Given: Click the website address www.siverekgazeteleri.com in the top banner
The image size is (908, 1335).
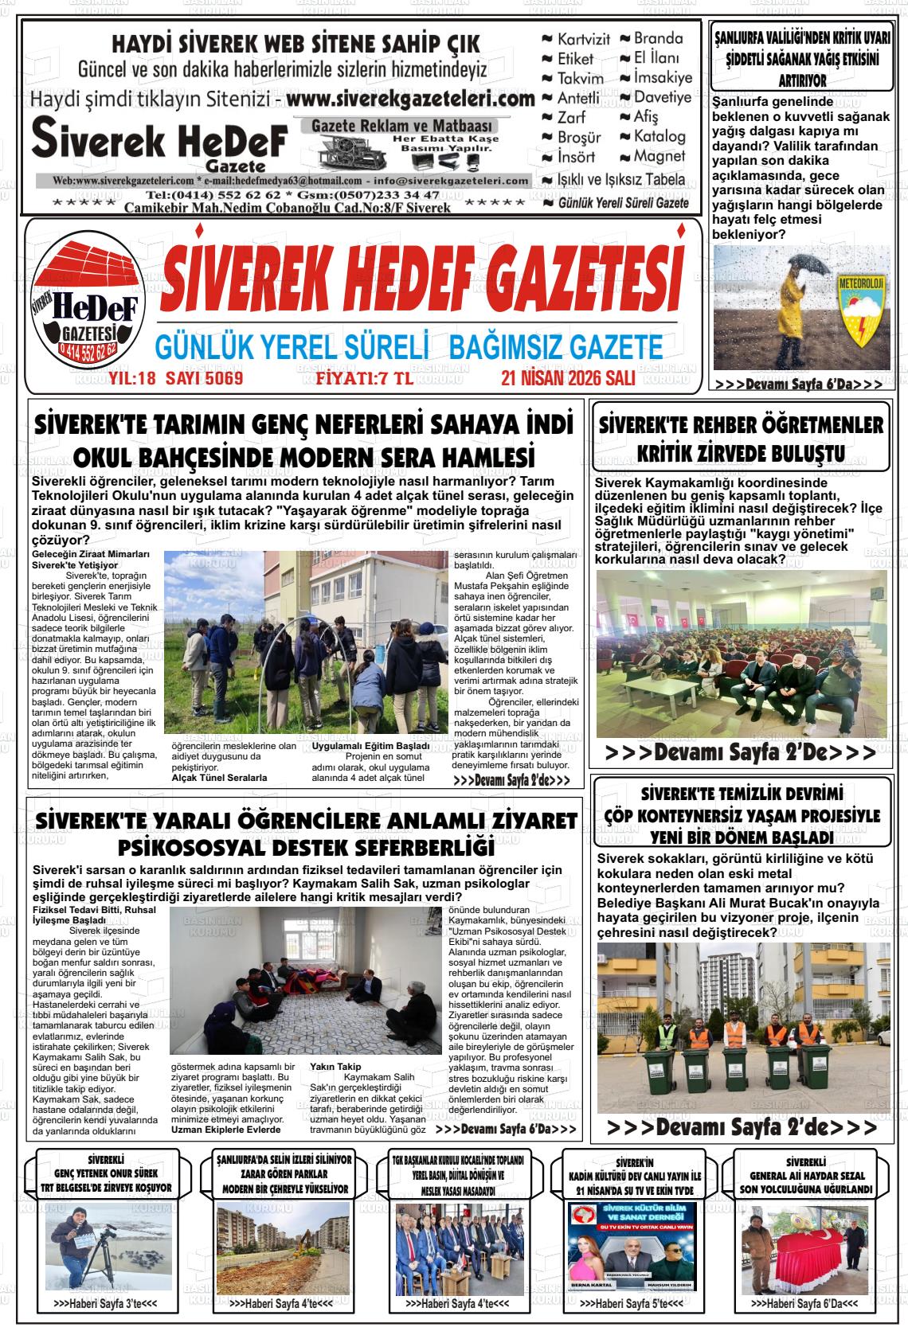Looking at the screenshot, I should [409, 100].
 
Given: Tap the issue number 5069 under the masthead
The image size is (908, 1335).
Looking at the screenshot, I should [223, 378].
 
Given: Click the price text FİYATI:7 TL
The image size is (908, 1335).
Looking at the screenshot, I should [364, 378].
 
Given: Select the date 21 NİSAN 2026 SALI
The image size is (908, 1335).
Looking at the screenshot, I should [567, 378].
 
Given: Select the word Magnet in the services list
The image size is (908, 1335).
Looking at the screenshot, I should [659, 156].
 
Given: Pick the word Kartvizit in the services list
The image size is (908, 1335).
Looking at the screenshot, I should [583, 39].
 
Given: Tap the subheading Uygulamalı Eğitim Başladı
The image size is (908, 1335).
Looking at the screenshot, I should [370, 746].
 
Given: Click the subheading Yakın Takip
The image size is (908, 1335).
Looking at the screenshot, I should [335, 1067].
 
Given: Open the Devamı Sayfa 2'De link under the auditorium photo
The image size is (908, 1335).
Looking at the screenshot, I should [740, 752].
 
